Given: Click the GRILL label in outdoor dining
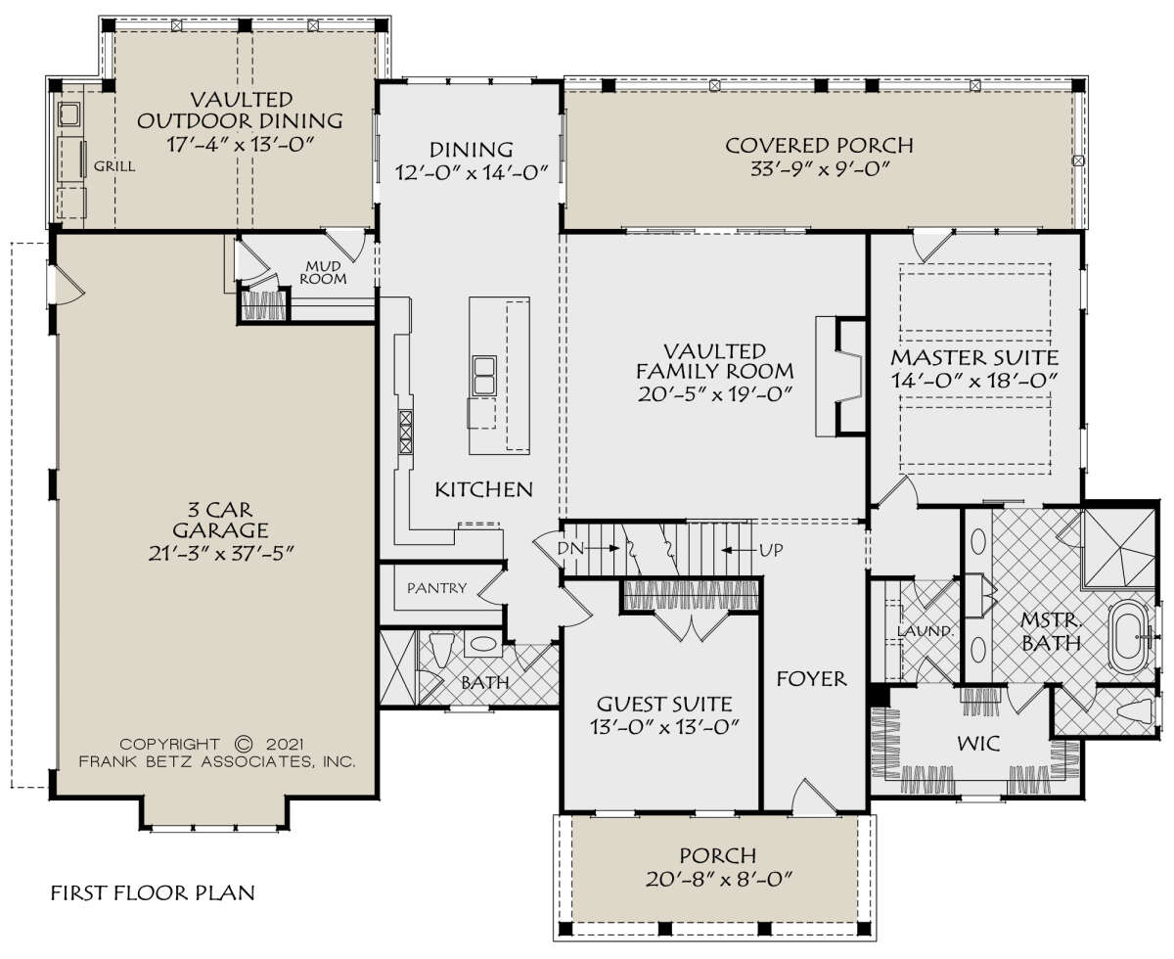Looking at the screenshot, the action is point(114,166).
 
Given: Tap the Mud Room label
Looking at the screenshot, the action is point(323,272).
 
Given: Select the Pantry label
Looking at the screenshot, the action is point(436,588).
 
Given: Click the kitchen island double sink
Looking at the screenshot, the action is point(483,376).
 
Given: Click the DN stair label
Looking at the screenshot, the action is point(570,549).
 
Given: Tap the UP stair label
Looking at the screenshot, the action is point(771,550).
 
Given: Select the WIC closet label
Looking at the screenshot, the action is point(978,743).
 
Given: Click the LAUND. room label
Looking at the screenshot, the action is point(925,631).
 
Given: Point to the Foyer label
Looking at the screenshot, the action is point(811,679).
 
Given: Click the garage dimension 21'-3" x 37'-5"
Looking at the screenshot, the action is point(220,554).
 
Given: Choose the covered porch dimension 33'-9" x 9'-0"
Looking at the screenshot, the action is point(819,168).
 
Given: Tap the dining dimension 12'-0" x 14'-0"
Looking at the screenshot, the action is point(472,172).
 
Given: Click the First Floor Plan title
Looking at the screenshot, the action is point(153,892).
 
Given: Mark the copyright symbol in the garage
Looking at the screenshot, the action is point(244,744).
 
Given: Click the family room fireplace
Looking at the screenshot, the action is point(841,376).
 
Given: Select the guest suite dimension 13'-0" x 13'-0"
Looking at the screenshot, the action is point(664,727).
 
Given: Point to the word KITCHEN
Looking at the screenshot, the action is point(483,489).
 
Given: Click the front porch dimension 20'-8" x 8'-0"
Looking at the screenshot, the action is point(718,880).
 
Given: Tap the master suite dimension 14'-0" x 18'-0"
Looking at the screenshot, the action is point(973,381).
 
